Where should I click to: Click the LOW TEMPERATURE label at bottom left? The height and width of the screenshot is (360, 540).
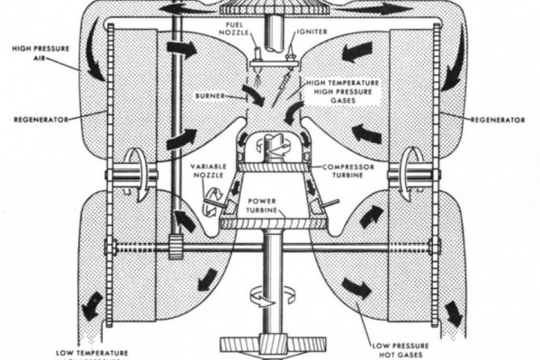92,352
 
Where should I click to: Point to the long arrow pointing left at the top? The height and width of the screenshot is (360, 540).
189,8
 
